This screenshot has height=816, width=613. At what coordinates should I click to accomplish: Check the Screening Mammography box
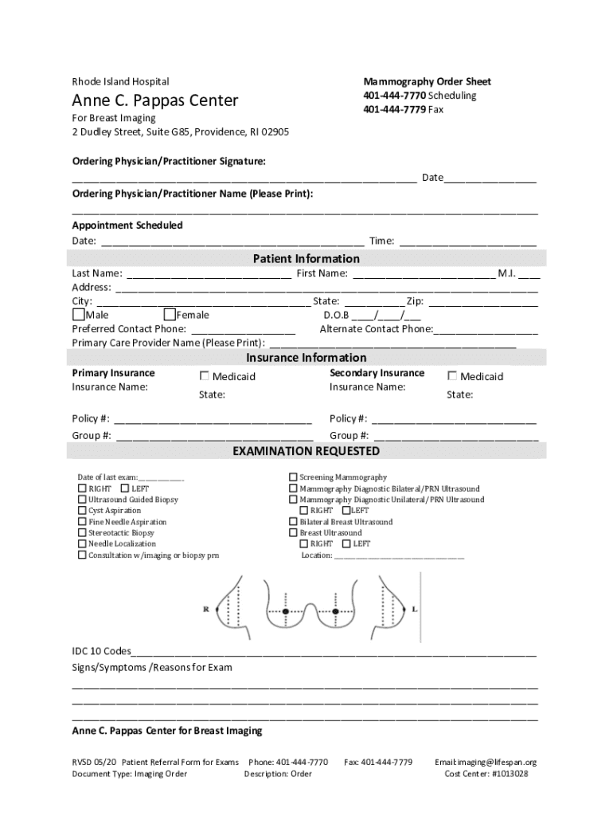coord(293,477)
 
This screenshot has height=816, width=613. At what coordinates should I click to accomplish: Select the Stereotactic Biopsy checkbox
coord(82,533)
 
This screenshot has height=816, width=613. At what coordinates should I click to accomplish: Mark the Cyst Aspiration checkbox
coord(82,511)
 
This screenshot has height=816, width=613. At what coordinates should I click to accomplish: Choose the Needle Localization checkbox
coord(82,544)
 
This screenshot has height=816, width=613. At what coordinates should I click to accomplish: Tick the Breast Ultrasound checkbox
coord(293,533)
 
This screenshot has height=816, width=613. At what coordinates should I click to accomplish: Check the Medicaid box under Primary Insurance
coord(205,376)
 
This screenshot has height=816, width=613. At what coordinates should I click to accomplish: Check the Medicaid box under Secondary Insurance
coord(452,376)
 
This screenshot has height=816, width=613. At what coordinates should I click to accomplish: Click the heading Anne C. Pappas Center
coord(154,101)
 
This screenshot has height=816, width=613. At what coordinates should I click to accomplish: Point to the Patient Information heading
coord(306,259)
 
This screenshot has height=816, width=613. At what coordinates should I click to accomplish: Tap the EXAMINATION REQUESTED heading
coord(306,452)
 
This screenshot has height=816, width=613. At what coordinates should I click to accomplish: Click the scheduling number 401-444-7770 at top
coord(395,96)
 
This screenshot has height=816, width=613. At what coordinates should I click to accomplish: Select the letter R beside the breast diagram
coord(206,609)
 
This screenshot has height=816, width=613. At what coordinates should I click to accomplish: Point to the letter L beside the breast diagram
coord(415,609)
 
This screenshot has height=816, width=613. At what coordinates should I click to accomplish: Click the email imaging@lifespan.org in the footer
coord(486,763)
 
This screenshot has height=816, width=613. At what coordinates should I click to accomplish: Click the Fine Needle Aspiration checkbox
coord(82,522)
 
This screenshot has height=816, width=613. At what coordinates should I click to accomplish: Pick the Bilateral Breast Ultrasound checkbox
coord(293,522)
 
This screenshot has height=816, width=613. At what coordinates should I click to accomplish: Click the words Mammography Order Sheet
coord(427,82)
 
